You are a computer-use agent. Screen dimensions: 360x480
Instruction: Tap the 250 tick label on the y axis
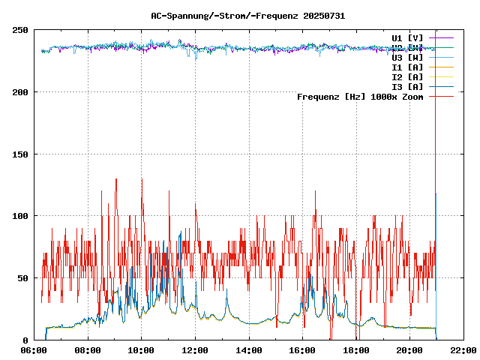click(x=20, y=30)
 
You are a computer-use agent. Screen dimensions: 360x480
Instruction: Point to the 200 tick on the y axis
click(x=20, y=92)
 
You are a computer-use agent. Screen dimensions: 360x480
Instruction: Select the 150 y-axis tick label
click(x=20, y=154)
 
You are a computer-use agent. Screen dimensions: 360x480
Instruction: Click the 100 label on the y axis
click(x=20, y=216)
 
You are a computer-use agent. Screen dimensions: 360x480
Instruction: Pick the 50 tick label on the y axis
click(x=23, y=278)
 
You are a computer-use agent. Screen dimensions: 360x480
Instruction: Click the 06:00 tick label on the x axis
click(x=34, y=350)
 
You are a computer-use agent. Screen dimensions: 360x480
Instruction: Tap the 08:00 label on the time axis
click(x=88, y=350)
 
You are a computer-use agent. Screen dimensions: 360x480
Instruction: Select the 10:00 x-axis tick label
click(x=142, y=350)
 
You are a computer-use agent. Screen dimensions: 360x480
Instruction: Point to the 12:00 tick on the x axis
click(x=195, y=350)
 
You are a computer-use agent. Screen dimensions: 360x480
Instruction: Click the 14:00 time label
click(x=249, y=350)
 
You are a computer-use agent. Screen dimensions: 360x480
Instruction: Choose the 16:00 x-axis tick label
click(x=302, y=350)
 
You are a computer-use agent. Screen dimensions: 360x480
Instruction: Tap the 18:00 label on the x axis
click(x=356, y=350)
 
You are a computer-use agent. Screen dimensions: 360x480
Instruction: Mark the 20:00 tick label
click(x=409, y=350)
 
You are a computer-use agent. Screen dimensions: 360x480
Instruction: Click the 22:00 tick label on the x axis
click(x=463, y=350)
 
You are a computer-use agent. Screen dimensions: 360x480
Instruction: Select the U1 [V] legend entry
click(x=407, y=37)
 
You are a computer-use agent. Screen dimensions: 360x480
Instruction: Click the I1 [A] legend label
click(x=407, y=67)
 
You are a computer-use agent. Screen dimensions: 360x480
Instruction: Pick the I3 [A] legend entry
click(x=407, y=86)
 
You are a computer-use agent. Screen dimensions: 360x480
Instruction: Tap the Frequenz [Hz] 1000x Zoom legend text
click(x=360, y=96)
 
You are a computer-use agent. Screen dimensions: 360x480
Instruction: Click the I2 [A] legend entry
click(x=407, y=76)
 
